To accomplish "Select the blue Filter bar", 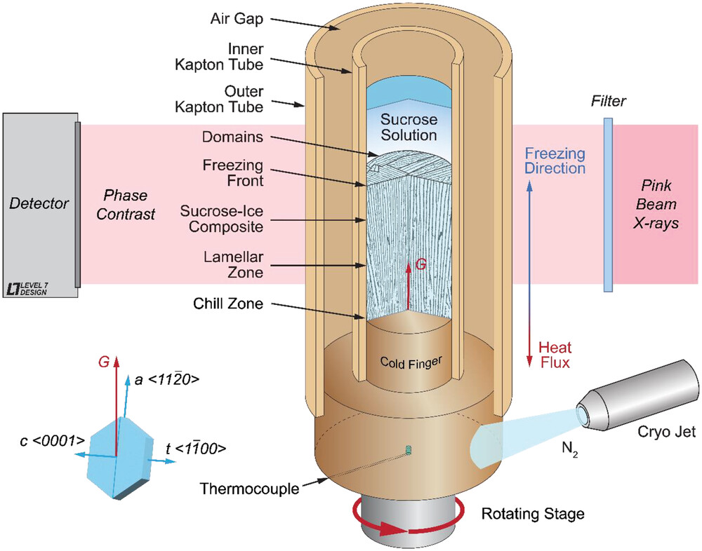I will (x=608, y=204).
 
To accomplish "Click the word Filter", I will (x=608, y=102).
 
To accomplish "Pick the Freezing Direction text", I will (x=555, y=161).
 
